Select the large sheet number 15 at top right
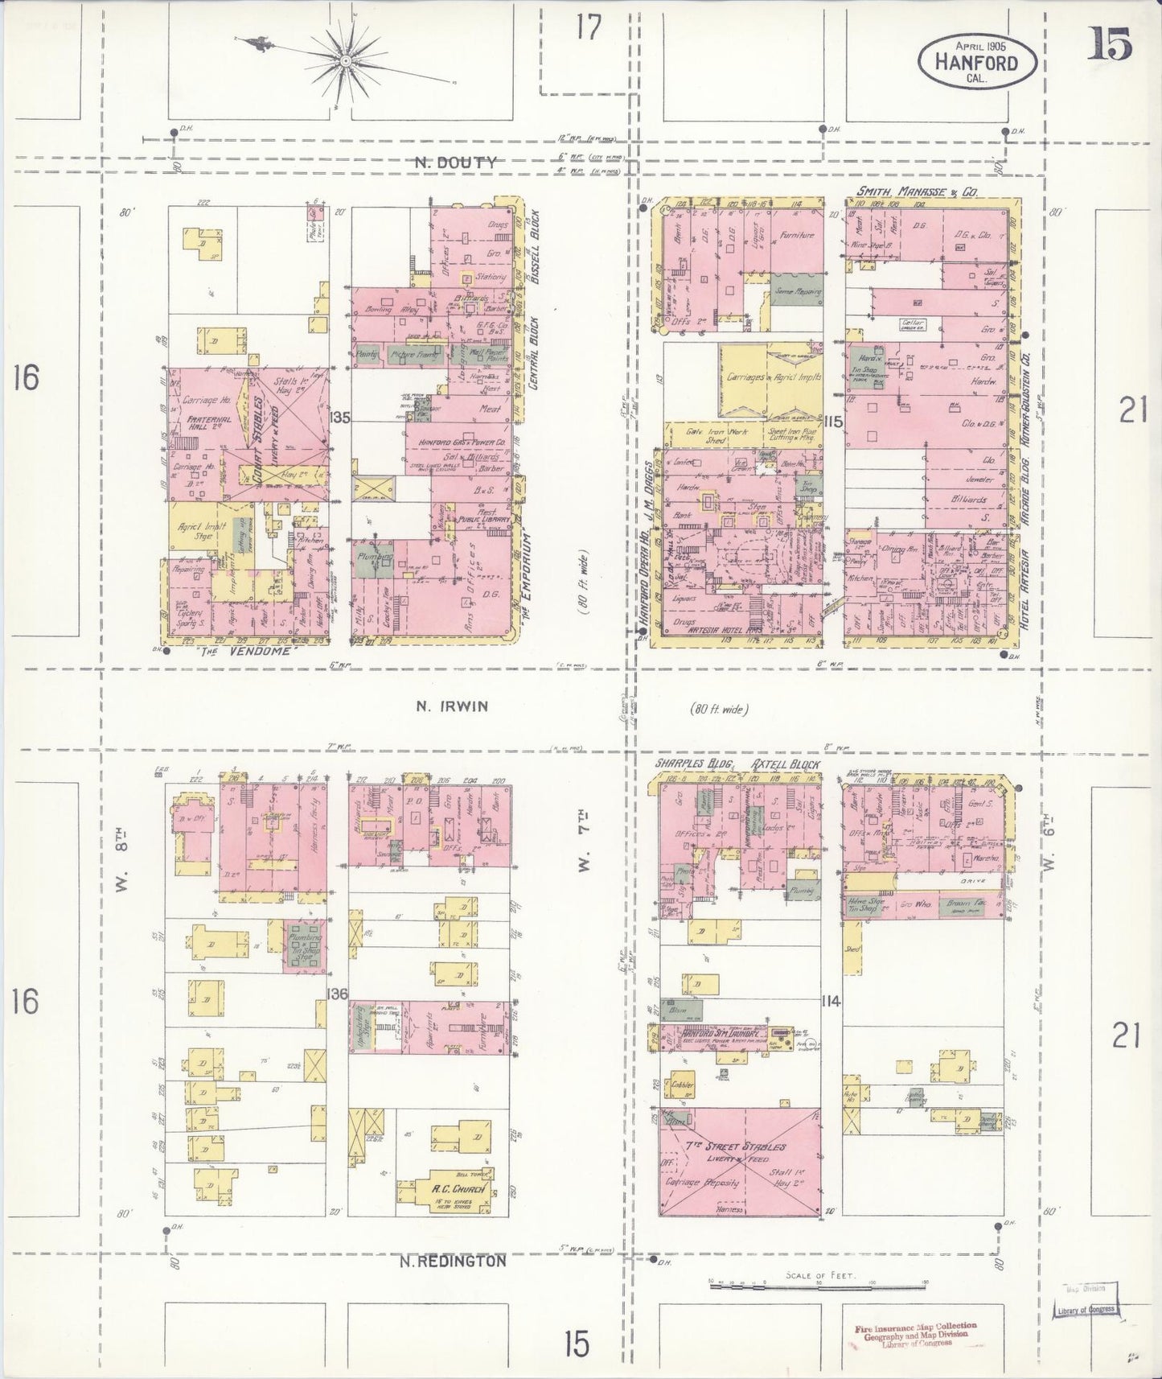(1111, 44)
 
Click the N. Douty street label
(456, 163)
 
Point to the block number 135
(340, 418)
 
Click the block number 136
(338, 994)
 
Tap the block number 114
(831, 1002)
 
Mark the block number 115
(832, 421)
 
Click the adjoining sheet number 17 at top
(588, 28)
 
